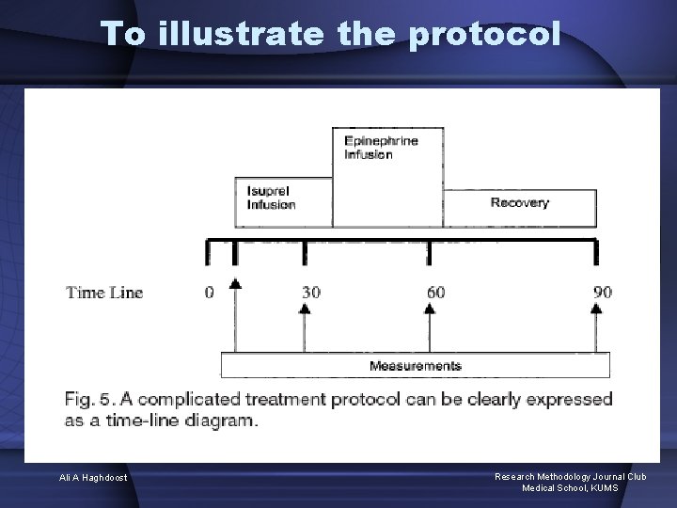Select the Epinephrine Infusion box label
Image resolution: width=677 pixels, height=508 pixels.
tap(381, 148)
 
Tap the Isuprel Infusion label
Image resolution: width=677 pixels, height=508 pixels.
tap(271, 198)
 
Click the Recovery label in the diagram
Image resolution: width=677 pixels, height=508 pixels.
tap(519, 202)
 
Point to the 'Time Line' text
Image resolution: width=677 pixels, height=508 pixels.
tap(104, 293)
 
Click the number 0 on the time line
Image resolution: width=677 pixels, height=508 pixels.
tap(209, 293)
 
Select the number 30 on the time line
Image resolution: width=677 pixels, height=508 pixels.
tap(310, 293)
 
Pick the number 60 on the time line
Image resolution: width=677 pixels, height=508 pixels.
tap(435, 293)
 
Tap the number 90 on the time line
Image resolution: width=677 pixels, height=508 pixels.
tap(602, 293)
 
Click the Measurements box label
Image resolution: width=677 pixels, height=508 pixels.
tap(415, 365)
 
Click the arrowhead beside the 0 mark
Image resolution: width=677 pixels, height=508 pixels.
tap(235, 282)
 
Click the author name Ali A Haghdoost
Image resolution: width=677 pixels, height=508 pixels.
tap(92, 479)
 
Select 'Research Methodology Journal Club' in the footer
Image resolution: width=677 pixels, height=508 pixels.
tap(571, 477)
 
